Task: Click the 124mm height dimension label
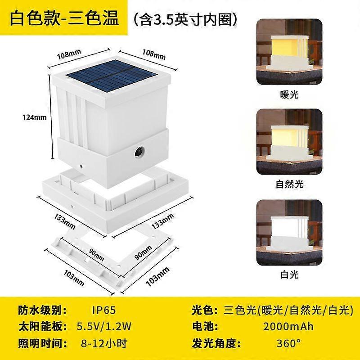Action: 35,117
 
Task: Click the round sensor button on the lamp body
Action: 139,152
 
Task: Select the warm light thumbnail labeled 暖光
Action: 289,52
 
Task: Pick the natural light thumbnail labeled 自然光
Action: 289,142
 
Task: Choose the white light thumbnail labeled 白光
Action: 289,233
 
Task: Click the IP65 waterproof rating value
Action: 104,310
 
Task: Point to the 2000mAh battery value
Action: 288,326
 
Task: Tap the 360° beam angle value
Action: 288,343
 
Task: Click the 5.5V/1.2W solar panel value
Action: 104,326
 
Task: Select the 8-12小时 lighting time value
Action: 104,343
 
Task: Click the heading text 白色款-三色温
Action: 64,18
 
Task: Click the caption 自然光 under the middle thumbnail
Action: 289,184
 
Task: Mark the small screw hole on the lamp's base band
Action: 81,166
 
